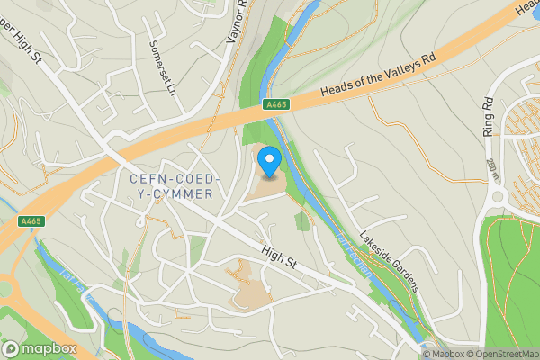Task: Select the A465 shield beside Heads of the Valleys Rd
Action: pos(275,106)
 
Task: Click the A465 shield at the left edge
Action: pos(31,221)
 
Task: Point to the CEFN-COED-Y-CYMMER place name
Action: pos(172,186)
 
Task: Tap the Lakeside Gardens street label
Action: pos(390,262)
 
